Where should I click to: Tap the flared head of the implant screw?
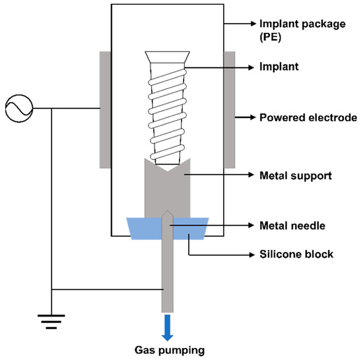pyautogui.click(x=167, y=58)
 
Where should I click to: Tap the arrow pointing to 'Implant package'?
pyautogui.click(x=241, y=26)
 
